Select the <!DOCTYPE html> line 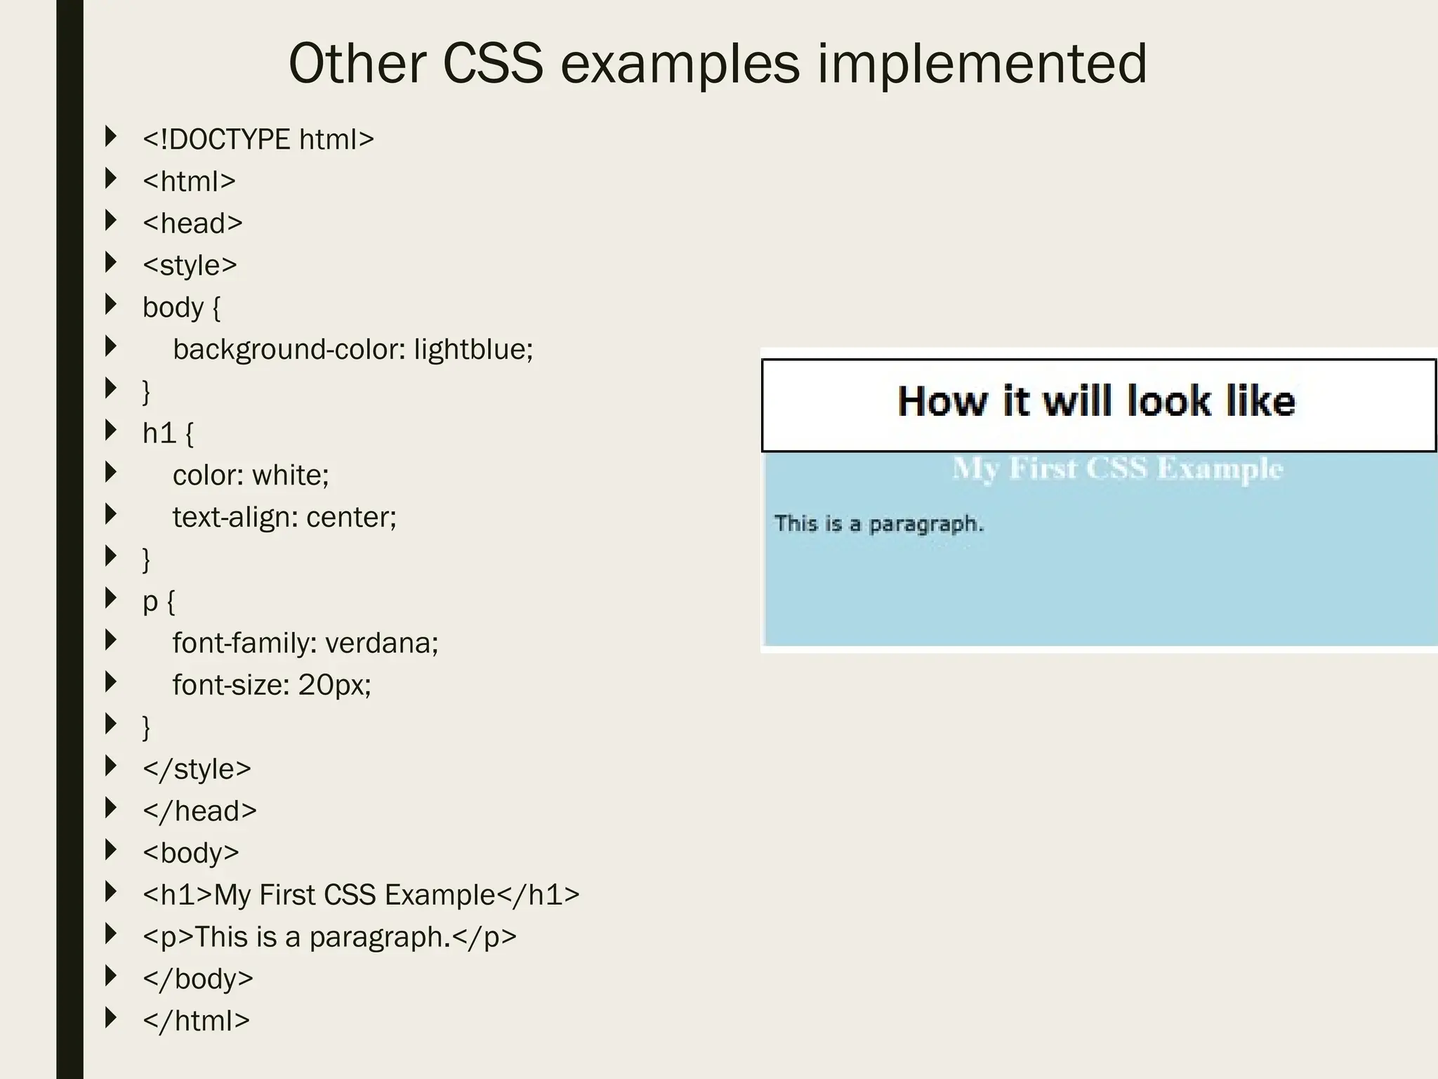click(258, 139)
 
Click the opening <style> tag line click(190, 266)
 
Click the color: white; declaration click(251, 476)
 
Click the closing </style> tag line click(197, 769)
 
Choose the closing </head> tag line click(199, 811)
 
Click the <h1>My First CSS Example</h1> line click(361, 895)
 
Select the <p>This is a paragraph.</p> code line click(329, 937)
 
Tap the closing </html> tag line click(196, 1021)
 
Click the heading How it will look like click(1096, 402)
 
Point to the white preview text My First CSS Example click(1117, 469)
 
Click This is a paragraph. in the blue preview click(879, 524)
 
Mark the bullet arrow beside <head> click(111, 221)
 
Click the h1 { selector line click(167, 433)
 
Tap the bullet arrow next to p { click(111, 598)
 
